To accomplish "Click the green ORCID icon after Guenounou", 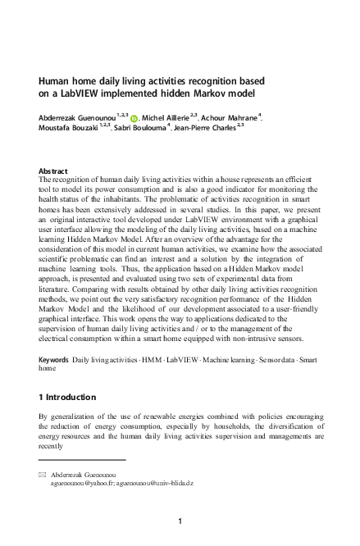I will [135, 120].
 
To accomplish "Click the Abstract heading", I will [53, 171].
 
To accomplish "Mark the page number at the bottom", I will [180, 521].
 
